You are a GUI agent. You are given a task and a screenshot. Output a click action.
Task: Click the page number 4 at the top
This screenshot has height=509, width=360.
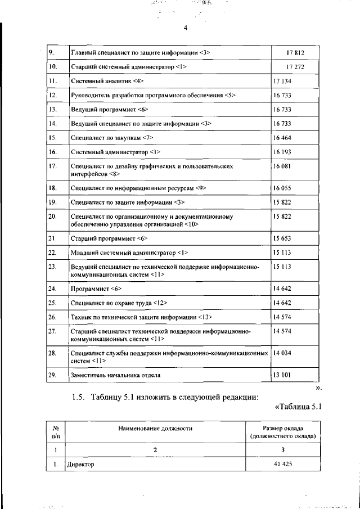(185, 28)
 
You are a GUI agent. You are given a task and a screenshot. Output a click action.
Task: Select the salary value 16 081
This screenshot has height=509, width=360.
(283, 166)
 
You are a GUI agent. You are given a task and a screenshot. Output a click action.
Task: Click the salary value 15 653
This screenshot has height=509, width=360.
(283, 238)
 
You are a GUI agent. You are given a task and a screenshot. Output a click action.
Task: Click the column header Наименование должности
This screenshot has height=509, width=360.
(155, 428)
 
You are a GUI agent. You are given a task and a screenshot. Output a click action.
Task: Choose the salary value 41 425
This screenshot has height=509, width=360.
(283, 465)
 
